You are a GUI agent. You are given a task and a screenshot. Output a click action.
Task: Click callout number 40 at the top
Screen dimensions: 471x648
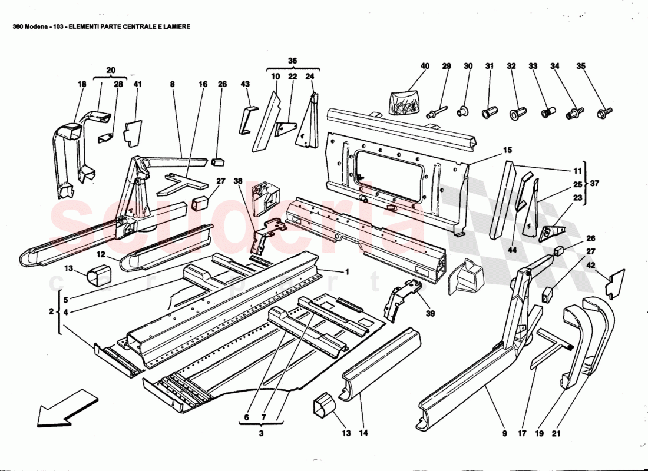[425, 67]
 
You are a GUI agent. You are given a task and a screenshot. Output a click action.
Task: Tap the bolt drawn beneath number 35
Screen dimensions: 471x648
[605, 110]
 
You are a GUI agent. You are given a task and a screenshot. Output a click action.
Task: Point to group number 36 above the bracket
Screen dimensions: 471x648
[292, 60]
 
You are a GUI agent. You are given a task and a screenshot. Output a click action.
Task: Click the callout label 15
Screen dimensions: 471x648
[507, 151]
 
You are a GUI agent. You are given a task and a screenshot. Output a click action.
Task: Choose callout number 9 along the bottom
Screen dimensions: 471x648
[504, 434]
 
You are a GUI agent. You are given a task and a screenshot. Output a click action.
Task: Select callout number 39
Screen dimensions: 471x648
[431, 314]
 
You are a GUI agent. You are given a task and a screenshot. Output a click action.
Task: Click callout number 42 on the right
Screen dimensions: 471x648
[589, 266]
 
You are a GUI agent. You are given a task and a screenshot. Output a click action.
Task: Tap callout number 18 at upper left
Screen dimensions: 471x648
[81, 85]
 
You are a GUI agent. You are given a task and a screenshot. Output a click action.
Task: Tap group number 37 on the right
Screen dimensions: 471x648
[595, 183]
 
